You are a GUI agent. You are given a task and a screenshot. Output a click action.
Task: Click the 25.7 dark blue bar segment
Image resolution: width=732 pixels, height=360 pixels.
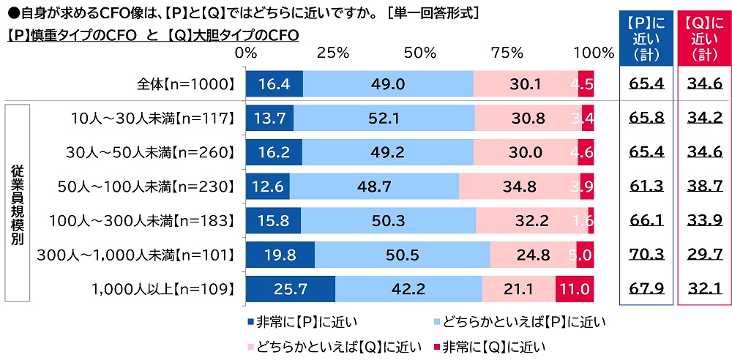tap(290, 288)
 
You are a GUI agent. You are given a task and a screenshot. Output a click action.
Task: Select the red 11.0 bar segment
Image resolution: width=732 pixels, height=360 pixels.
tap(575, 288)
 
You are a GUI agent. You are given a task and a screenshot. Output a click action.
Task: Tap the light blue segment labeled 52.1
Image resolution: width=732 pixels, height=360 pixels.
tap(384, 118)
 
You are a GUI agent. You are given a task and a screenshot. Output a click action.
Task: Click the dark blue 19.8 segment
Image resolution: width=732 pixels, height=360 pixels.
tap(280, 255)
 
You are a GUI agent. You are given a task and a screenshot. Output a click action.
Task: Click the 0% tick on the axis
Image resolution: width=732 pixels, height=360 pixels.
tap(247, 53)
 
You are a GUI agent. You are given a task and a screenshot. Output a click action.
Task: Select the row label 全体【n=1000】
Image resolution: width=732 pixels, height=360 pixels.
tap(187, 84)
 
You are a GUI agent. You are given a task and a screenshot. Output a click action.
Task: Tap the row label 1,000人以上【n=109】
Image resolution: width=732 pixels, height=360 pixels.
tap(160, 288)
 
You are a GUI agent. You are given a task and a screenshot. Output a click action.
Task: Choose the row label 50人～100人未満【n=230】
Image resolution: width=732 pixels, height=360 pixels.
tap(146, 186)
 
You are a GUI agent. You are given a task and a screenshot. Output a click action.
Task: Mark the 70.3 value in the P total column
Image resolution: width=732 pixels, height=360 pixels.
tap(646, 255)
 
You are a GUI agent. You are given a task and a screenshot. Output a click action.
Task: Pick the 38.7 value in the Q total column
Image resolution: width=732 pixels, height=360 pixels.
tap(704, 186)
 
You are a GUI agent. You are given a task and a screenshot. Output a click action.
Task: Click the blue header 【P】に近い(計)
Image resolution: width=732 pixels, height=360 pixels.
tap(646, 37)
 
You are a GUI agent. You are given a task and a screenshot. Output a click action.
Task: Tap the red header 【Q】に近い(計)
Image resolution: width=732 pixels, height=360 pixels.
tap(704, 37)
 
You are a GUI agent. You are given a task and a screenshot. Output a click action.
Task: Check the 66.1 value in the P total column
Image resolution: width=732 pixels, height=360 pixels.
tap(646, 220)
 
